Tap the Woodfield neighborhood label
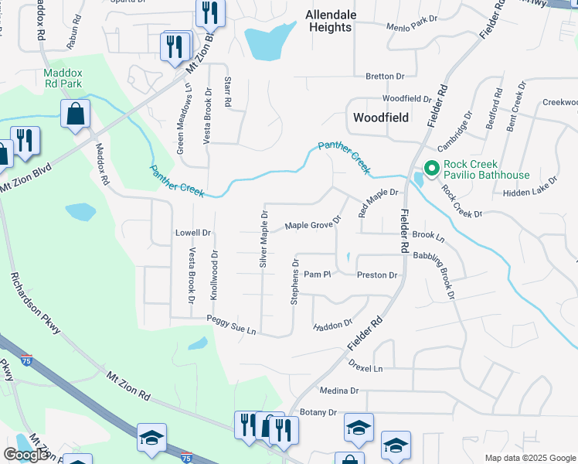[379, 118]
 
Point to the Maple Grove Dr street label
[312, 225]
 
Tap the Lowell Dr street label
[192, 233]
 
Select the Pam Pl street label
[317, 275]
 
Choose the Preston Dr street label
[376, 275]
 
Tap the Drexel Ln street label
[365, 369]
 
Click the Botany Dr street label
[318, 413]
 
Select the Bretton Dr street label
[385, 77]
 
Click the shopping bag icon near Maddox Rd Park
[76, 114]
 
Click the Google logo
[25, 455]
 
